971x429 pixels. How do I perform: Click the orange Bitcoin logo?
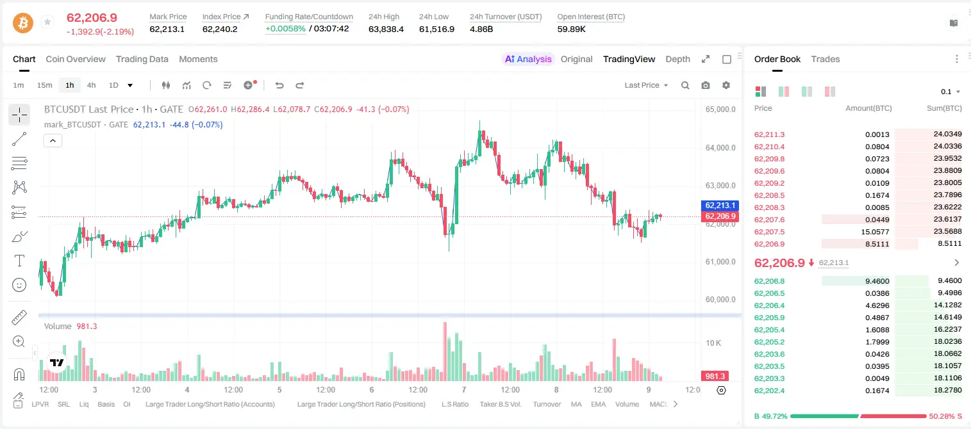point(23,23)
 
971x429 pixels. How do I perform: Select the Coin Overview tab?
point(76,59)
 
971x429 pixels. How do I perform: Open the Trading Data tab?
point(142,59)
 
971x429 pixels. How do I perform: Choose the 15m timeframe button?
point(45,85)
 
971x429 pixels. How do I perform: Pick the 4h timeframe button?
point(91,85)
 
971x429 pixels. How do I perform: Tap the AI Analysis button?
point(528,59)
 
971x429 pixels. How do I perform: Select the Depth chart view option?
point(677,59)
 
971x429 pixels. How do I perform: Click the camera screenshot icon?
point(706,85)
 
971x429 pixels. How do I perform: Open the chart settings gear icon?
point(726,85)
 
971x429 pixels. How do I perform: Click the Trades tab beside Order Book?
point(826,59)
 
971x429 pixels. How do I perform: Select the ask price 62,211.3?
point(770,134)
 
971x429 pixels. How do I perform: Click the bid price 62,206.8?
point(770,281)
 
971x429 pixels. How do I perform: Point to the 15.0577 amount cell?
point(876,232)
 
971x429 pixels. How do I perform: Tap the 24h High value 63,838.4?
point(386,29)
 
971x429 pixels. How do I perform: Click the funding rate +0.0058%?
point(285,29)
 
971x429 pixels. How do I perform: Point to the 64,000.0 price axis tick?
point(720,148)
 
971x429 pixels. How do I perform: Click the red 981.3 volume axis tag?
point(715,376)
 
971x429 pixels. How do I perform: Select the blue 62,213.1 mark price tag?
point(720,205)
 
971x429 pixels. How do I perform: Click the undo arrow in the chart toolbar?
point(279,85)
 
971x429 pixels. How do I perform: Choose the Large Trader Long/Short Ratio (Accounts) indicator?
point(210,404)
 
